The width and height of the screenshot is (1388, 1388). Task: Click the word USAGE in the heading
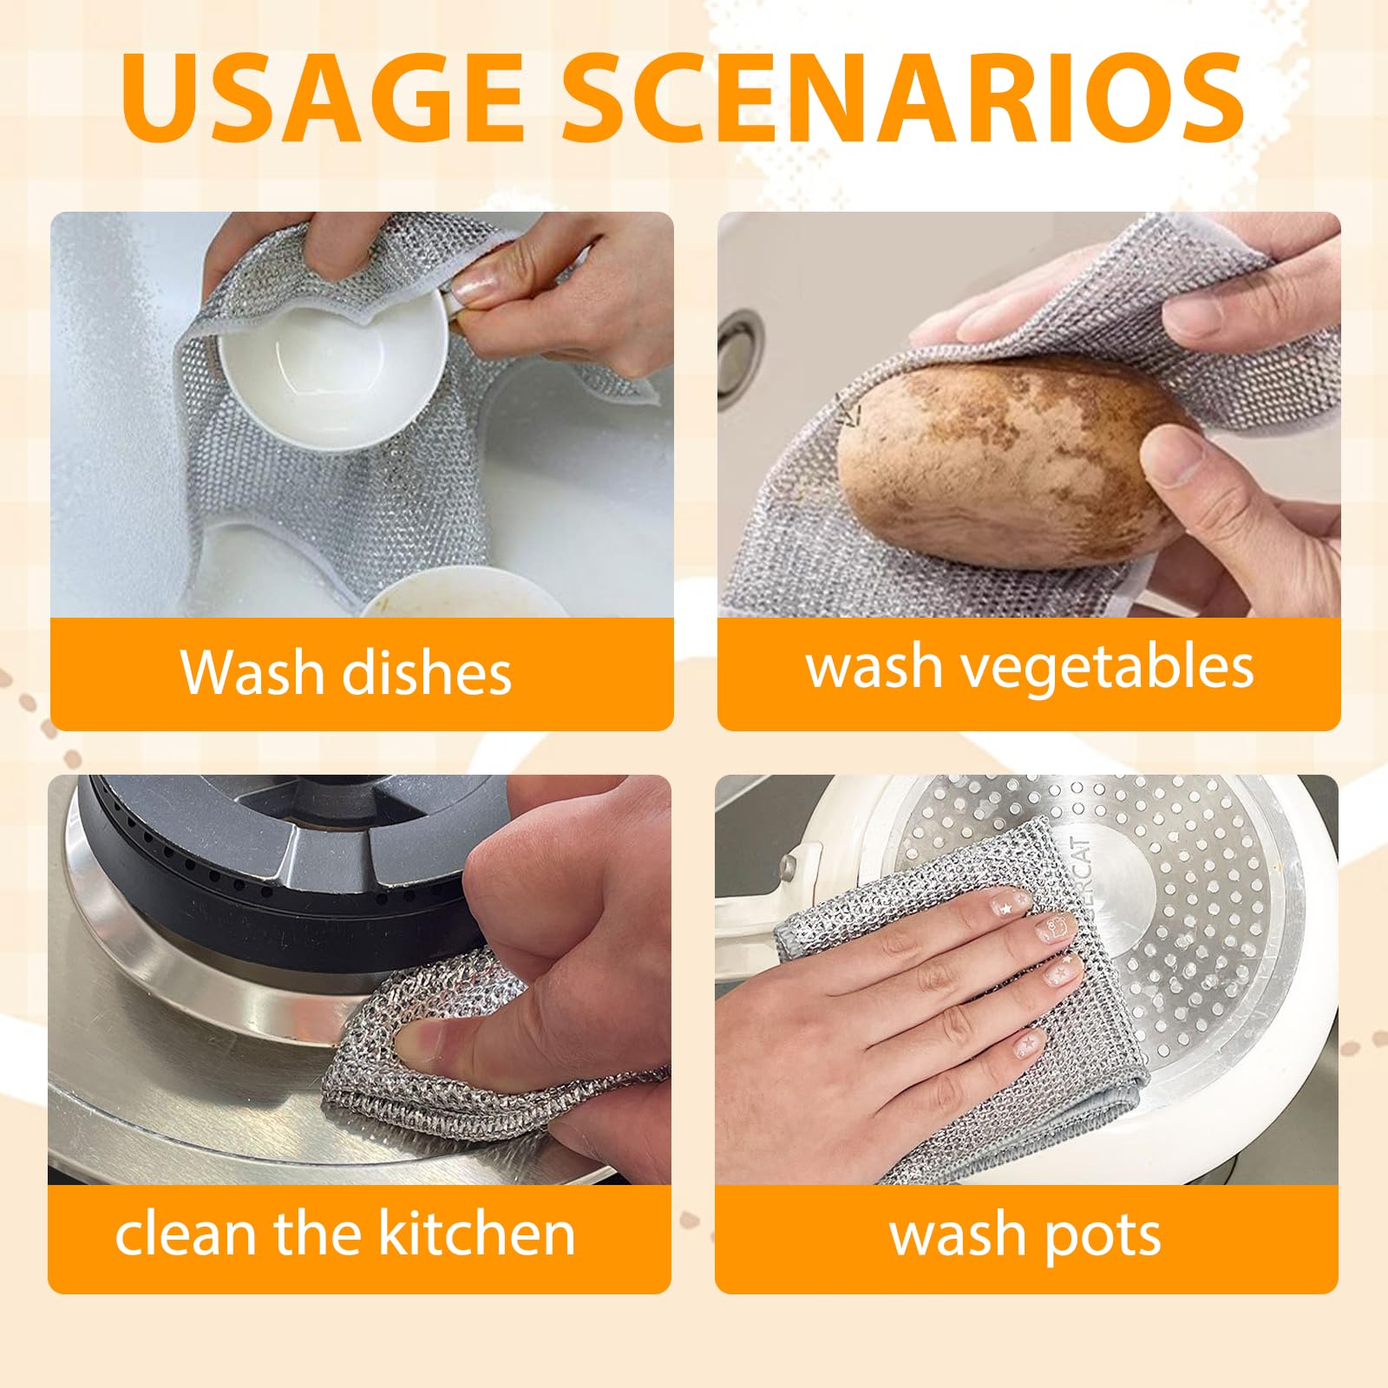pyautogui.click(x=324, y=97)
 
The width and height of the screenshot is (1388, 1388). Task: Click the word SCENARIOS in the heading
pyautogui.click(x=905, y=97)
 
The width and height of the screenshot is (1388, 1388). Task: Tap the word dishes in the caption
pyautogui.click(x=427, y=673)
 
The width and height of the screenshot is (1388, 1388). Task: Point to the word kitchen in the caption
pyautogui.click(x=477, y=1233)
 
